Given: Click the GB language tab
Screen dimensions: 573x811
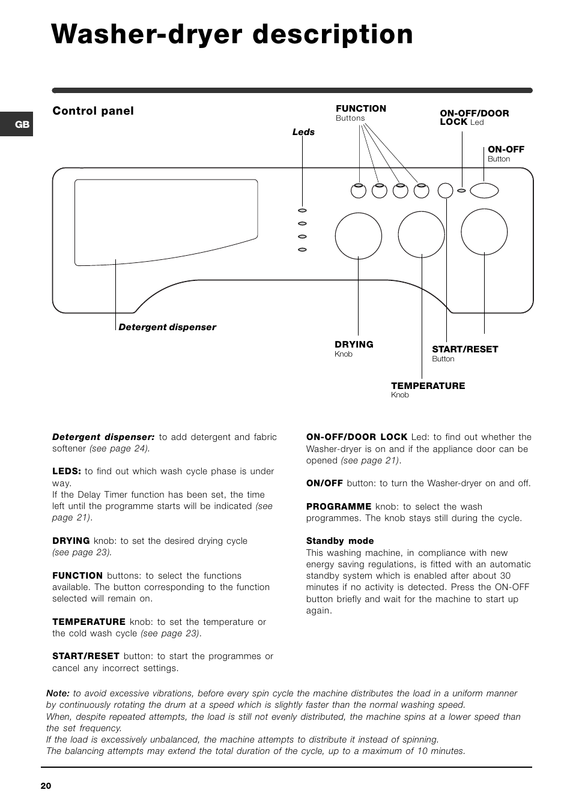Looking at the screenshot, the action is tap(16, 124).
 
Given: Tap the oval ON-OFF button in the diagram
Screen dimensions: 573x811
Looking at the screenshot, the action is tap(484, 190).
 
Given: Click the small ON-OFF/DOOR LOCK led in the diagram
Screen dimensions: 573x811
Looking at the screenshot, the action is tap(461, 190).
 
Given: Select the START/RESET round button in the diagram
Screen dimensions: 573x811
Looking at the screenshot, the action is tap(446, 190).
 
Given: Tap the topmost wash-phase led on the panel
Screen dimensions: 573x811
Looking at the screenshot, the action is tap(302, 210).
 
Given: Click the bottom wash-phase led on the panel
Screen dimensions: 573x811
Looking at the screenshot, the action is tap(302, 250).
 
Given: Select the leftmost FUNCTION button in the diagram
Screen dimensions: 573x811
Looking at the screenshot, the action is tap(359, 191).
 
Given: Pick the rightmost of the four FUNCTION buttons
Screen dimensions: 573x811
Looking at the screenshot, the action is tap(421, 191).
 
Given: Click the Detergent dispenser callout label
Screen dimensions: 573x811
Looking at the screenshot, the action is tap(167, 327).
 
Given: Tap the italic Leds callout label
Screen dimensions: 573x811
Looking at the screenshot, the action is tap(303, 132).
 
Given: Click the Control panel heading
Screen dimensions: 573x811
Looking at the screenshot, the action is tap(93, 111).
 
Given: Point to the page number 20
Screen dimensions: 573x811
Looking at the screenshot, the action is tap(46, 786).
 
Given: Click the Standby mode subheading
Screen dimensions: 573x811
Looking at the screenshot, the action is tap(340, 541).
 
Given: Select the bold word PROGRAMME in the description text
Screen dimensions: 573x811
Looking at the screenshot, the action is tap(339, 507).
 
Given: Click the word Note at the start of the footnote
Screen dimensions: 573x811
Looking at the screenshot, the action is tap(58, 693).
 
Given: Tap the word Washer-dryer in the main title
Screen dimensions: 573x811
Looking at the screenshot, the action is tap(147, 35).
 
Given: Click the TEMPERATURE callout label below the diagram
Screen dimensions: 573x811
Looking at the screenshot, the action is tap(428, 386).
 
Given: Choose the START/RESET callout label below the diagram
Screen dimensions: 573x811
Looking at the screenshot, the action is tap(465, 349).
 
